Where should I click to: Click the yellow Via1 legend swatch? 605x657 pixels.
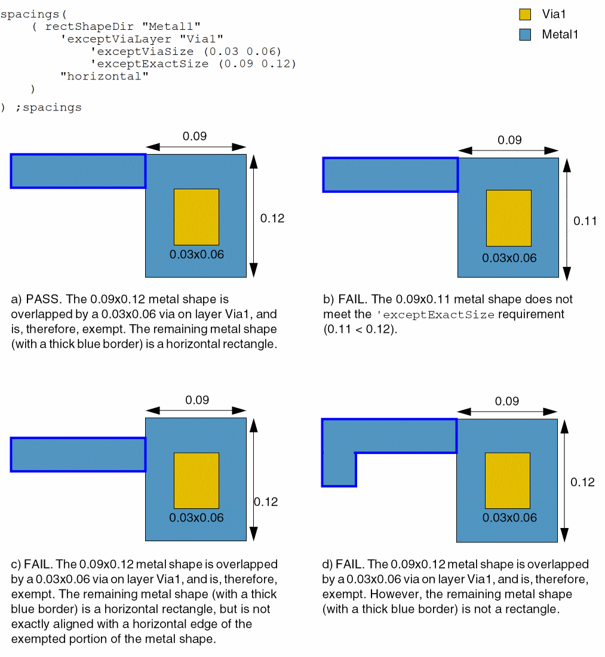point(526,14)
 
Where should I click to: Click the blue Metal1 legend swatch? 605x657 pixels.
point(526,35)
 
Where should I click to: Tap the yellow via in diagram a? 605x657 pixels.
point(196,217)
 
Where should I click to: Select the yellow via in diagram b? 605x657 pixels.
point(508,218)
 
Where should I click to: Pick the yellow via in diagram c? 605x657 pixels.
point(196,480)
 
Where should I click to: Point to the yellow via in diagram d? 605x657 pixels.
point(507,480)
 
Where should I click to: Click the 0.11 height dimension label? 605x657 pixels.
point(585,221)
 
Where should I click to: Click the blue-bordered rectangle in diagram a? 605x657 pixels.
point(78,171)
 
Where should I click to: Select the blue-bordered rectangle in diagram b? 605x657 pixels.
point(391,174)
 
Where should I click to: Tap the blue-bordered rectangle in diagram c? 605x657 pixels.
point(78,455)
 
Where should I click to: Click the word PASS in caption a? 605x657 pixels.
point(41,299)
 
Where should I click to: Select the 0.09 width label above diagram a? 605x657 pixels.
point(195,136)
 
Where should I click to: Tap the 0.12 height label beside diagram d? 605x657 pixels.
point(582,482)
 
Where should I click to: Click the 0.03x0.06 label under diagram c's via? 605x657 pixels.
point(196,518)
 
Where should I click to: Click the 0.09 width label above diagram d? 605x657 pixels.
point(507,401)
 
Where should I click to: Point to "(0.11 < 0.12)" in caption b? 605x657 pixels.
point(360,329)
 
